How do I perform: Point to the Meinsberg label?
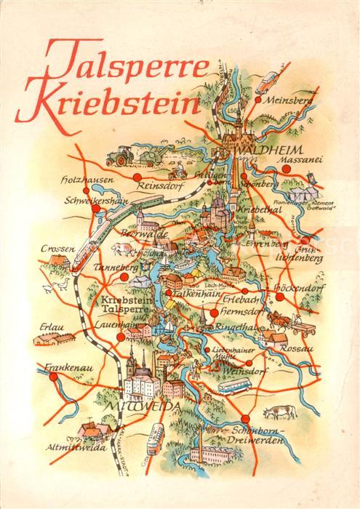[x=289, y=100]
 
